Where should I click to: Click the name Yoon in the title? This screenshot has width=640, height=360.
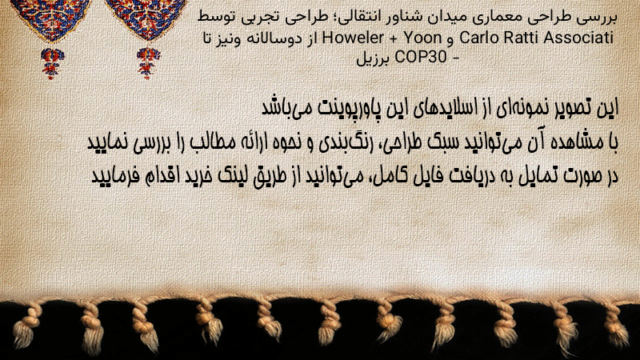click(422, 38)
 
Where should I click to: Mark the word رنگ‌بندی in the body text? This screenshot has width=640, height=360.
click(342, 142)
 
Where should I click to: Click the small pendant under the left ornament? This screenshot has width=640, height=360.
click(51, 63)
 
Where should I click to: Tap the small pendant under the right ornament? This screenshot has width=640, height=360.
click(148, 63)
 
